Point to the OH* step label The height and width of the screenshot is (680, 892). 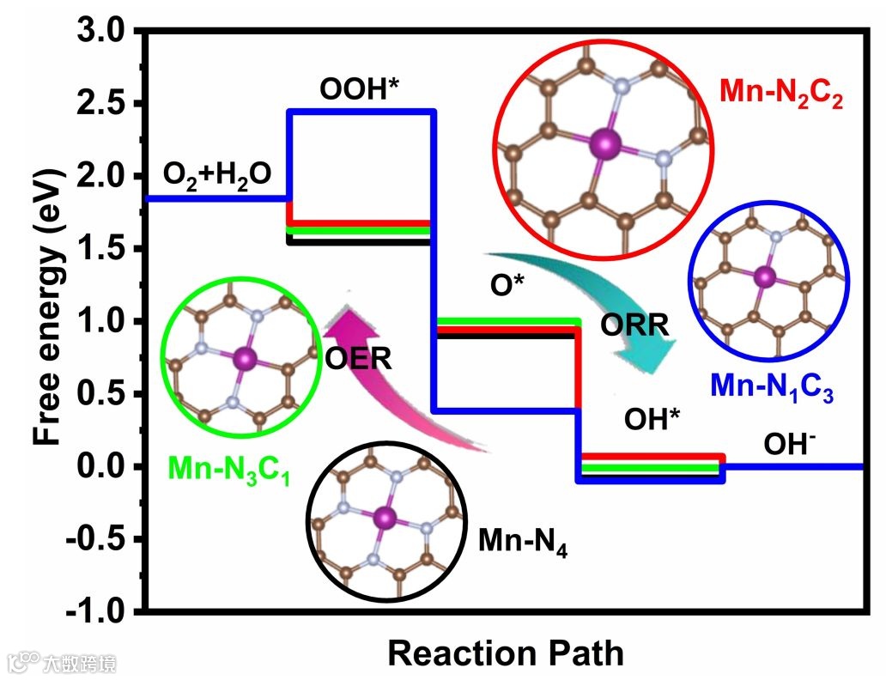pyautogui.click(x=652, y=420)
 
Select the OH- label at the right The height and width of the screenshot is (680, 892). pyautogui.click(x=789, y=444)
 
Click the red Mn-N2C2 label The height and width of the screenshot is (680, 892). pyautogui.click(x=780, y=93)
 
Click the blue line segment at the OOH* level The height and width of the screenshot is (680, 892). pyautogui.click(x=361, y=112)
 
